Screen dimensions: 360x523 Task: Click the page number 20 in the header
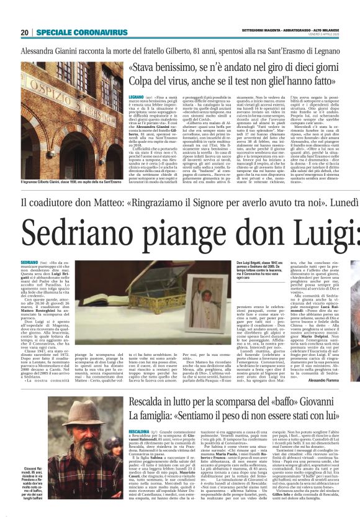[25, 32]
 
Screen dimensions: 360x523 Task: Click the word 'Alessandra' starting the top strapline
[43, 51]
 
